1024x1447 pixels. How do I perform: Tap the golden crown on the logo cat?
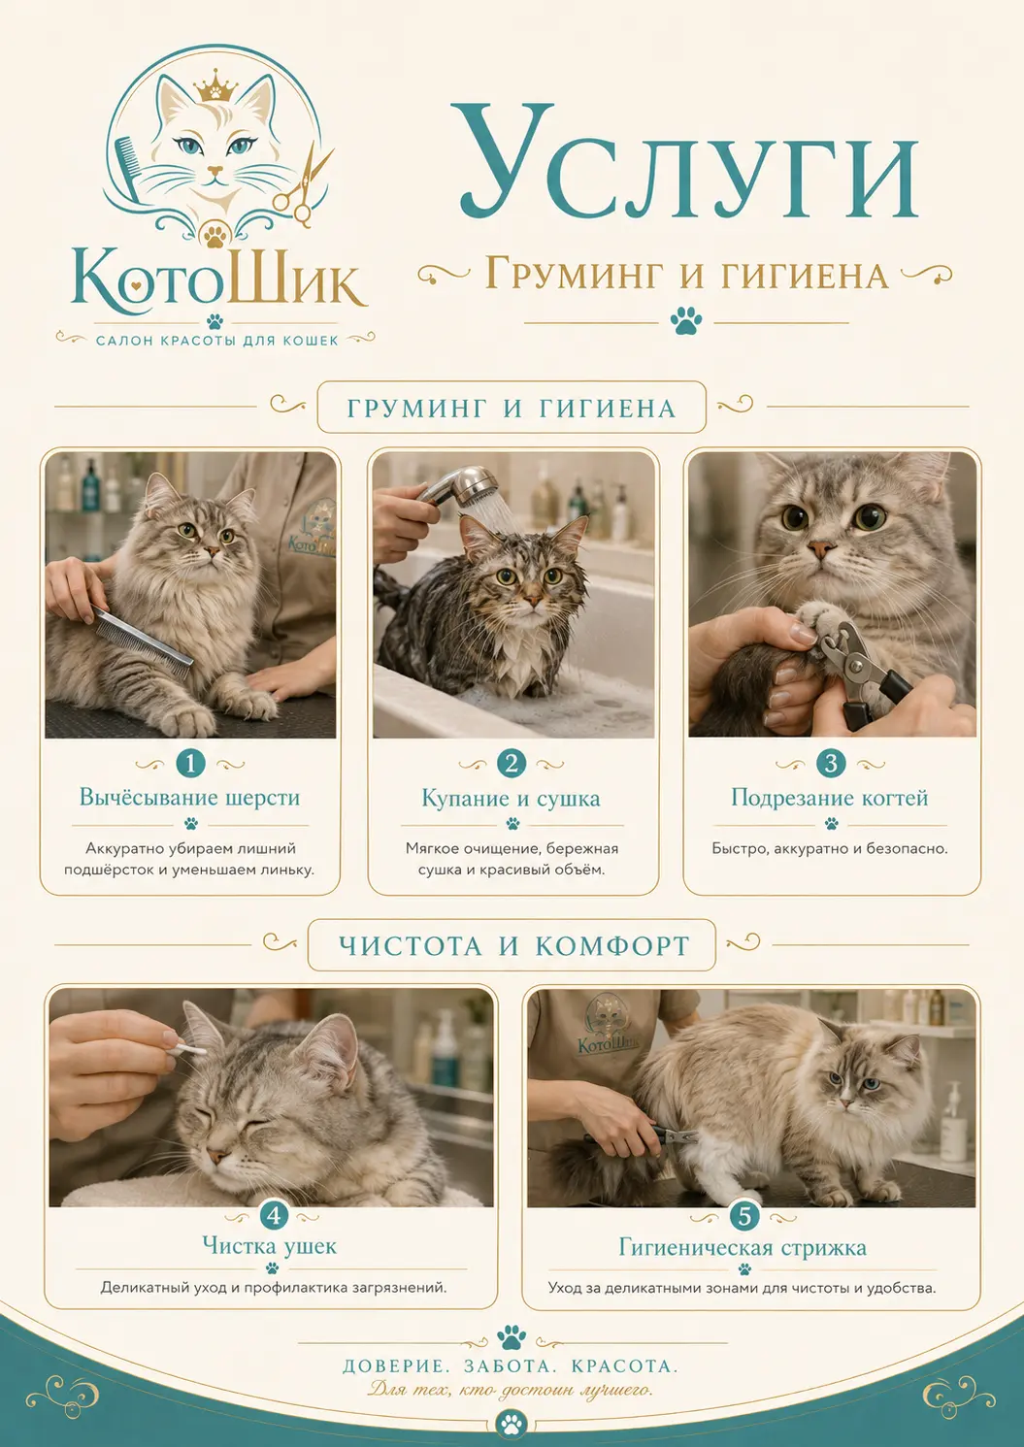(x=216, y=86)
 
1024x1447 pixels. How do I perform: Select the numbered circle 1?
(x=190, y=764)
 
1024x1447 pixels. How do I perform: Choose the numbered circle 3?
(x=831, y=764)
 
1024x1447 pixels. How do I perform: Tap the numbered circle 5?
(x=744, y=1216)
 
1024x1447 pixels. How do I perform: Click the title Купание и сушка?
(x=512, y=799)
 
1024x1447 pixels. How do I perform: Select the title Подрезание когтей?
(x=830, y=799)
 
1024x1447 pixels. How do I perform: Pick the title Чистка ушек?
(x=270, y=1245)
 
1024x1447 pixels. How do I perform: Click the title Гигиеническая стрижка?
(x=743, y=1247)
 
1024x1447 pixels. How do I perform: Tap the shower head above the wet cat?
(x=460, y=486)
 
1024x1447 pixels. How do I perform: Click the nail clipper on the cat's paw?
(x=863, y=672)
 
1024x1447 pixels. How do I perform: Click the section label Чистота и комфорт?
(x=514, y=945)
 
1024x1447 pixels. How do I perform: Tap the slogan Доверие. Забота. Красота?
(x=511, y=1366)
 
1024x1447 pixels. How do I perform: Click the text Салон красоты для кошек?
(x=217, y=340)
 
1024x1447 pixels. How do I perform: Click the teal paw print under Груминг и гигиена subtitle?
(x=685, y=320)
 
